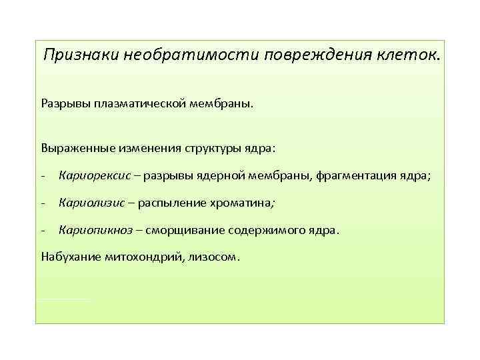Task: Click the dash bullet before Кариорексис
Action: tap(43, 176)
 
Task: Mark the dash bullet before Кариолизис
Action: tap(43, 203)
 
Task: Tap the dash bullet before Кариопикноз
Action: tap(43, 230)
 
